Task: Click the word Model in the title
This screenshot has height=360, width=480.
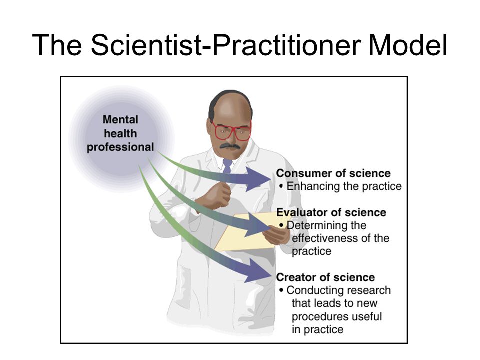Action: (x=408, y=45)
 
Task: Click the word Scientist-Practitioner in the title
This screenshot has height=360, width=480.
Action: (x=225, y=45)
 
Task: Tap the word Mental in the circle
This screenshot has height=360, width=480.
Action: (x=120, y=119)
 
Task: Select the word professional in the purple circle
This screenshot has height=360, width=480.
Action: (x=120, y=147)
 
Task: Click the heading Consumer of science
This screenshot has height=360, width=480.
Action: (x=333, y=173)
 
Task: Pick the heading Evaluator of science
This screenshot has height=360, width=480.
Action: (x=331, y=212)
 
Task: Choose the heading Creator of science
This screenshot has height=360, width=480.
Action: (x=325, y=277)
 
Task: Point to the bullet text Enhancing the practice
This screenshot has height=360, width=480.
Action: (x=344, y=186)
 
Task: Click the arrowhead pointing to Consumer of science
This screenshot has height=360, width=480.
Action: (x=258, y=179)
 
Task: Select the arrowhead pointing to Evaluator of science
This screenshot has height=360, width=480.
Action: (x=258, y=225)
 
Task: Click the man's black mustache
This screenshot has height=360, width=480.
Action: (x=230, y=146)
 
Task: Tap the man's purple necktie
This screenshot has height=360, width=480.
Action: (x=227, y=166)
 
